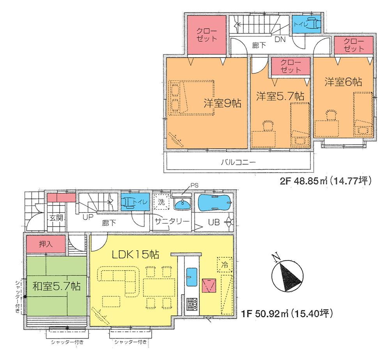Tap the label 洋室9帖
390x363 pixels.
222,103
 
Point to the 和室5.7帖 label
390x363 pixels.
56,286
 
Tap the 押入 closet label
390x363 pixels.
46,244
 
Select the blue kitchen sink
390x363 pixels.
191,276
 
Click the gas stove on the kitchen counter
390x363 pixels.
191,304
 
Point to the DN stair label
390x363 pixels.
280,39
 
